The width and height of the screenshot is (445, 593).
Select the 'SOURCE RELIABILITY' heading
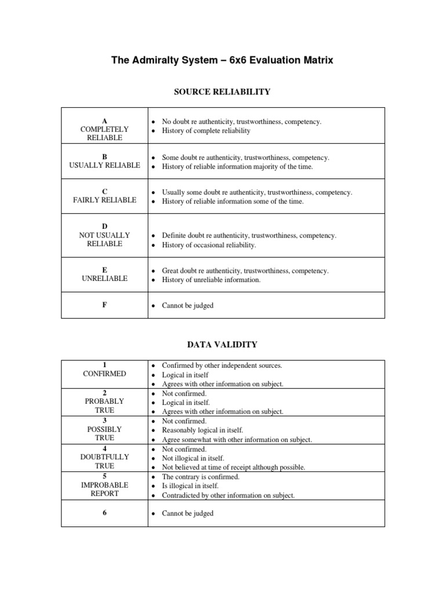(x=222, y=91)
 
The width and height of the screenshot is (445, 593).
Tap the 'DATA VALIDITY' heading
(x=222, y=345)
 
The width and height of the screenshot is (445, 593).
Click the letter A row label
(x=104, y=120)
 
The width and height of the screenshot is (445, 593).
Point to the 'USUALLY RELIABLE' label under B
(x=104, y=166)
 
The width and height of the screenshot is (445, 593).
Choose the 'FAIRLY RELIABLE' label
(x=104, y=200)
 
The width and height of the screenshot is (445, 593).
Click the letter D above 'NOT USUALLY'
(x=104, y=226)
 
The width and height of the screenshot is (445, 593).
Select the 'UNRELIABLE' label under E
(x=104, y=279)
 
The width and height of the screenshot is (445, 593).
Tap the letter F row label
(x=104, y=305)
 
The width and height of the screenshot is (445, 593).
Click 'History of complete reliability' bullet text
(x=206, y=131)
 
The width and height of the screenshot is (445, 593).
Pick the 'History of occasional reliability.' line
(x=209, y=245)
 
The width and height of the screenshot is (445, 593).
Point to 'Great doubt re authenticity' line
(x=245, y=271)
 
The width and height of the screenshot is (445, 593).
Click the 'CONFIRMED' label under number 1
(x=104, y=374)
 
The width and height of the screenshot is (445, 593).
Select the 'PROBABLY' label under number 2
(x=104, y=401)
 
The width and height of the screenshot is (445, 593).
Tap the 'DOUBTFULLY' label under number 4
(x=104, y=457)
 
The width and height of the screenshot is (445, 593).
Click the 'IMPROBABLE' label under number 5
(x=104, y=485)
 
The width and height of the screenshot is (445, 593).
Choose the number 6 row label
(x=104, y=513)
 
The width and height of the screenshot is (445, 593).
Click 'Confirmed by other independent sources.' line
(x=222, y=366)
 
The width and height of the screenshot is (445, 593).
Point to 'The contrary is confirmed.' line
(x=200, y=477)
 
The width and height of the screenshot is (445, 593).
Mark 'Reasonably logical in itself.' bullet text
(x=202, y=431)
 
